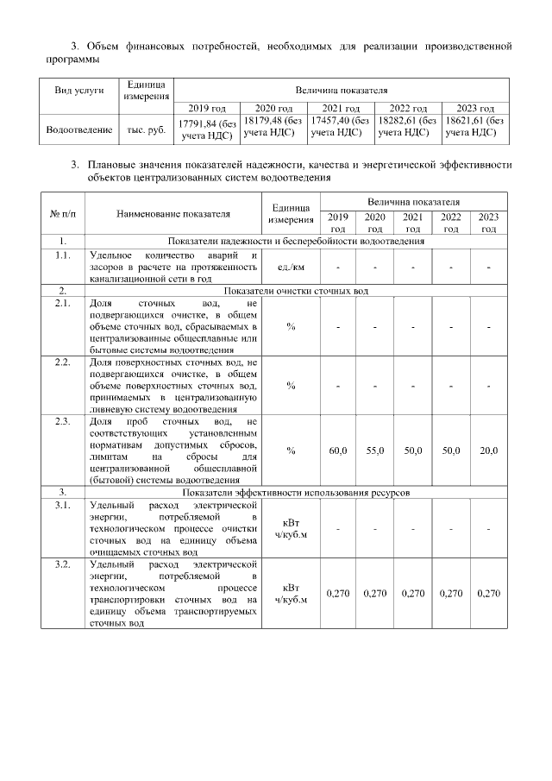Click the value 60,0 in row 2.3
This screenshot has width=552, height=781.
tap(338, 450)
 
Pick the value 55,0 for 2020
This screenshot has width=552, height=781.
tap(375, 450)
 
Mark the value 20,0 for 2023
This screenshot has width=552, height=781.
tap(488, 450)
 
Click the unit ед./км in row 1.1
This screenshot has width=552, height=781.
tap(291, 267)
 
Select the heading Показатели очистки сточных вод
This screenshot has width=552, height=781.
tap(296, 291)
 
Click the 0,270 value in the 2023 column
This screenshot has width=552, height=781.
tap(488, 594)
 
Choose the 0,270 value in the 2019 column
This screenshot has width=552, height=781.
tap(338, 594)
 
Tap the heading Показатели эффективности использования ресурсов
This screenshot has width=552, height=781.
tap(296, 492)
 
